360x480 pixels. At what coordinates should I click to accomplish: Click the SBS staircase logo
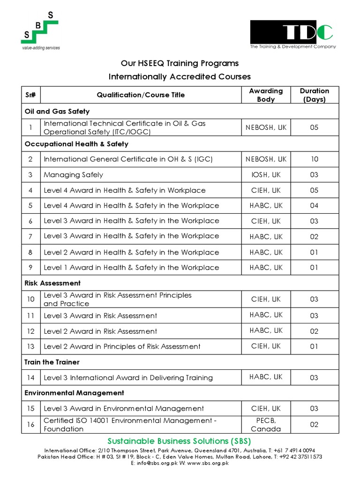click(41, 30)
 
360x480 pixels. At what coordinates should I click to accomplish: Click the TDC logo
click(292, 34)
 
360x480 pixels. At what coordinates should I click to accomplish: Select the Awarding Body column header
click(266, 95)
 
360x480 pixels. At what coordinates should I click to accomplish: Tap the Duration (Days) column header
click(314, 95)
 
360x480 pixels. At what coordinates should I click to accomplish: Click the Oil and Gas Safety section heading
click(57, 112)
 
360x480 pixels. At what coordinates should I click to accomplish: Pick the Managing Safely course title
click(73, 175)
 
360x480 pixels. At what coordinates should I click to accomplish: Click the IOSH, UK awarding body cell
click(266, 175)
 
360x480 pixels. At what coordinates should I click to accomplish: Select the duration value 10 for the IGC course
click(314, 159)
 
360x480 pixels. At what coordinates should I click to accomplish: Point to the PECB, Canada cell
click(266, 425)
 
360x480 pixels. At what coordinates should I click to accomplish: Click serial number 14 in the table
click(31, 378)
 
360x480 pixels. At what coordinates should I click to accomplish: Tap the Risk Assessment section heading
click(52, 283)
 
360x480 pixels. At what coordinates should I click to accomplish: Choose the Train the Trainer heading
click(52, 362)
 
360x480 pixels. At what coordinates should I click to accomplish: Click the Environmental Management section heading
click(74, 393)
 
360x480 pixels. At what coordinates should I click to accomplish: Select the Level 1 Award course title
click(131, 268)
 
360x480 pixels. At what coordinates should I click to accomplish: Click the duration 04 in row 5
click(314, 206)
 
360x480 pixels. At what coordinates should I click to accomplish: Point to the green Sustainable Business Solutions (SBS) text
click(180, 441)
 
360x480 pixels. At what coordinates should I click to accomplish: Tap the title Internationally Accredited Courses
click(180, 76)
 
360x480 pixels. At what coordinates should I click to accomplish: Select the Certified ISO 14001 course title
click(130, 425)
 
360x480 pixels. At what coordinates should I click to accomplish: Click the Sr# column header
click(31, 95)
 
